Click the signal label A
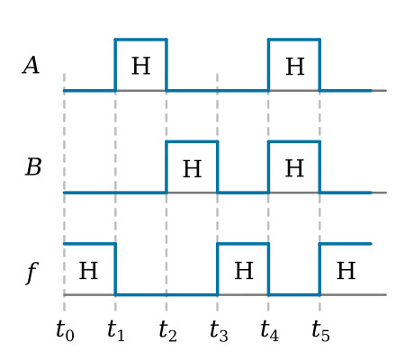(31, 66)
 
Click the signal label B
(33, 167)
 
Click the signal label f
(32, 273)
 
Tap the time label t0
(65, 331)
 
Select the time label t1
(116, 331)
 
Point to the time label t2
(167, 331)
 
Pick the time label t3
(219, 331)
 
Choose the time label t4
(270, 331)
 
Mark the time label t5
(320, 331)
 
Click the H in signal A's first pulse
(141, 66)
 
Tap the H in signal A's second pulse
(295, 67)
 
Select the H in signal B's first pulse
(192, 168)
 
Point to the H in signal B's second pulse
(294, 168)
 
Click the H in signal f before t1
(88, 271)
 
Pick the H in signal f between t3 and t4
(244, 271)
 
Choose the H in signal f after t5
(346, 271)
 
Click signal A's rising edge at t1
(115, 65)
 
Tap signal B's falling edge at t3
(218, 166)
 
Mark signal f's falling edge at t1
(115, 269)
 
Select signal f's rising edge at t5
(319, 269)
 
